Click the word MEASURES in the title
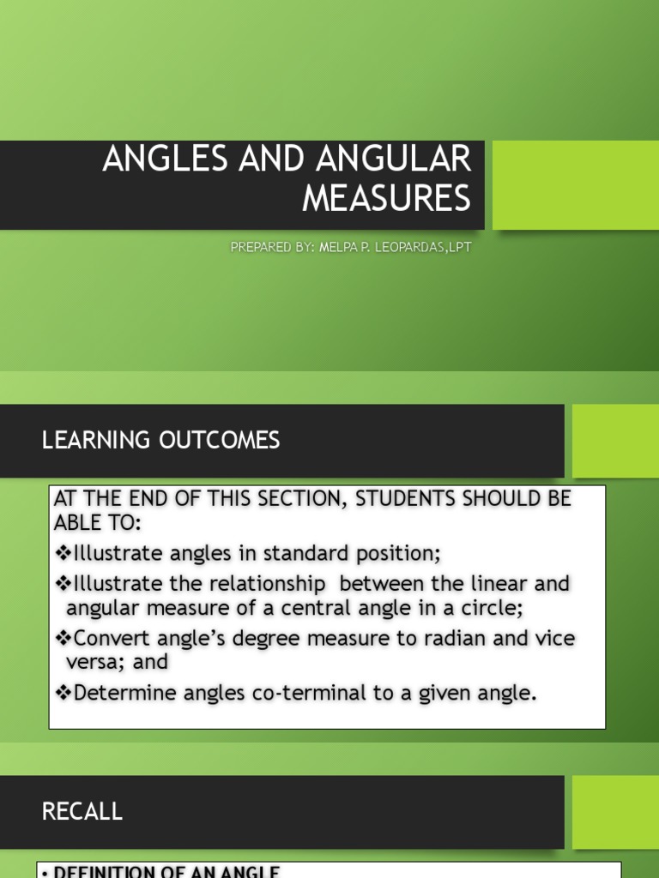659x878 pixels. (x=387, y=198)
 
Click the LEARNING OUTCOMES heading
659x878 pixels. (x=160, y=441)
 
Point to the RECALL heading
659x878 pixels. (x=82, y=811)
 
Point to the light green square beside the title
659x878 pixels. (x=575, y=184)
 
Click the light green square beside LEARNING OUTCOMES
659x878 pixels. (x=615, y=441)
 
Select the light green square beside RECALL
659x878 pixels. (x=615, y=811)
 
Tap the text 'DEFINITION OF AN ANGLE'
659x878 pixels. (x=166, y=872)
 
